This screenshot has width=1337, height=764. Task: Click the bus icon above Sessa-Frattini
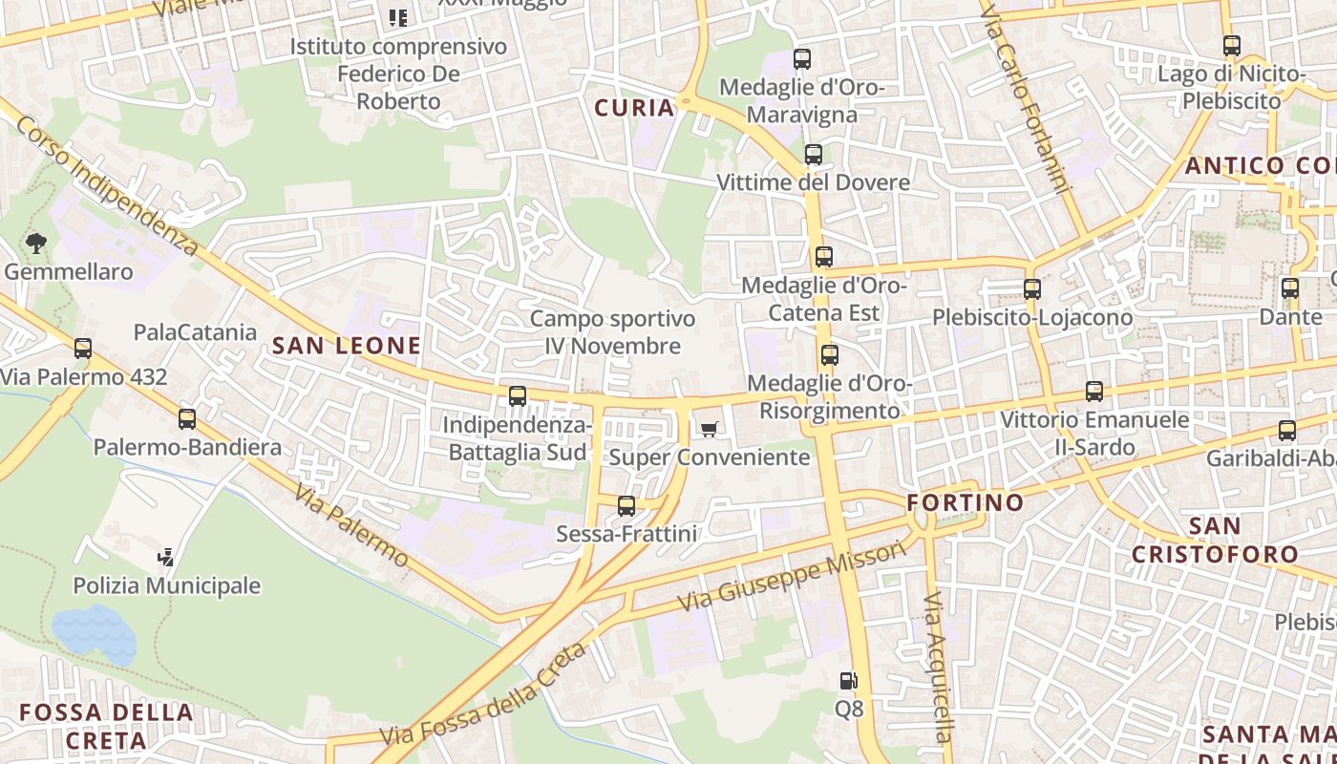(626, 505)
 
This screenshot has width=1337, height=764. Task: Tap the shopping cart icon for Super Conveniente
(708, 430)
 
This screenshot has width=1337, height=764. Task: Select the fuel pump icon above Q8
(848, 681)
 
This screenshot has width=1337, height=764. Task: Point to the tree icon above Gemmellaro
(36, 244)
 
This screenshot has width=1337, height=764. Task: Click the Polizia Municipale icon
(166, 557)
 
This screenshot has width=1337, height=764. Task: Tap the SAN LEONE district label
(347, 346)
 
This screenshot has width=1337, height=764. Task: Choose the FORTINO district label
(965, 502)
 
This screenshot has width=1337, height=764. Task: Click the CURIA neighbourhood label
(634, 108)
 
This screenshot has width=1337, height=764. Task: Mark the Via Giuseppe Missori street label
(791, 576)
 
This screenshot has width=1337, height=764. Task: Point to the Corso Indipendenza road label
(107, 186)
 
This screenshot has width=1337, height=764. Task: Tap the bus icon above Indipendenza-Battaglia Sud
(518, 395)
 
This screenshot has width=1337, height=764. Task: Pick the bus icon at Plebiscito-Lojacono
(1031, 288)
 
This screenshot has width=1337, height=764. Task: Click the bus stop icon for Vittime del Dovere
(813, 154)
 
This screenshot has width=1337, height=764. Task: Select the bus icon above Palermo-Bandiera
(187, 418)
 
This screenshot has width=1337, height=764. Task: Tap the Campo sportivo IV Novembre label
(612, 331)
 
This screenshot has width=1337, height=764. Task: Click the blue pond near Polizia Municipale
(94, 632)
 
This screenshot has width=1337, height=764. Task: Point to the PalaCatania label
(195, 332)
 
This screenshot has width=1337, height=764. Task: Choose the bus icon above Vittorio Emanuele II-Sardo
(1094, 391)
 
